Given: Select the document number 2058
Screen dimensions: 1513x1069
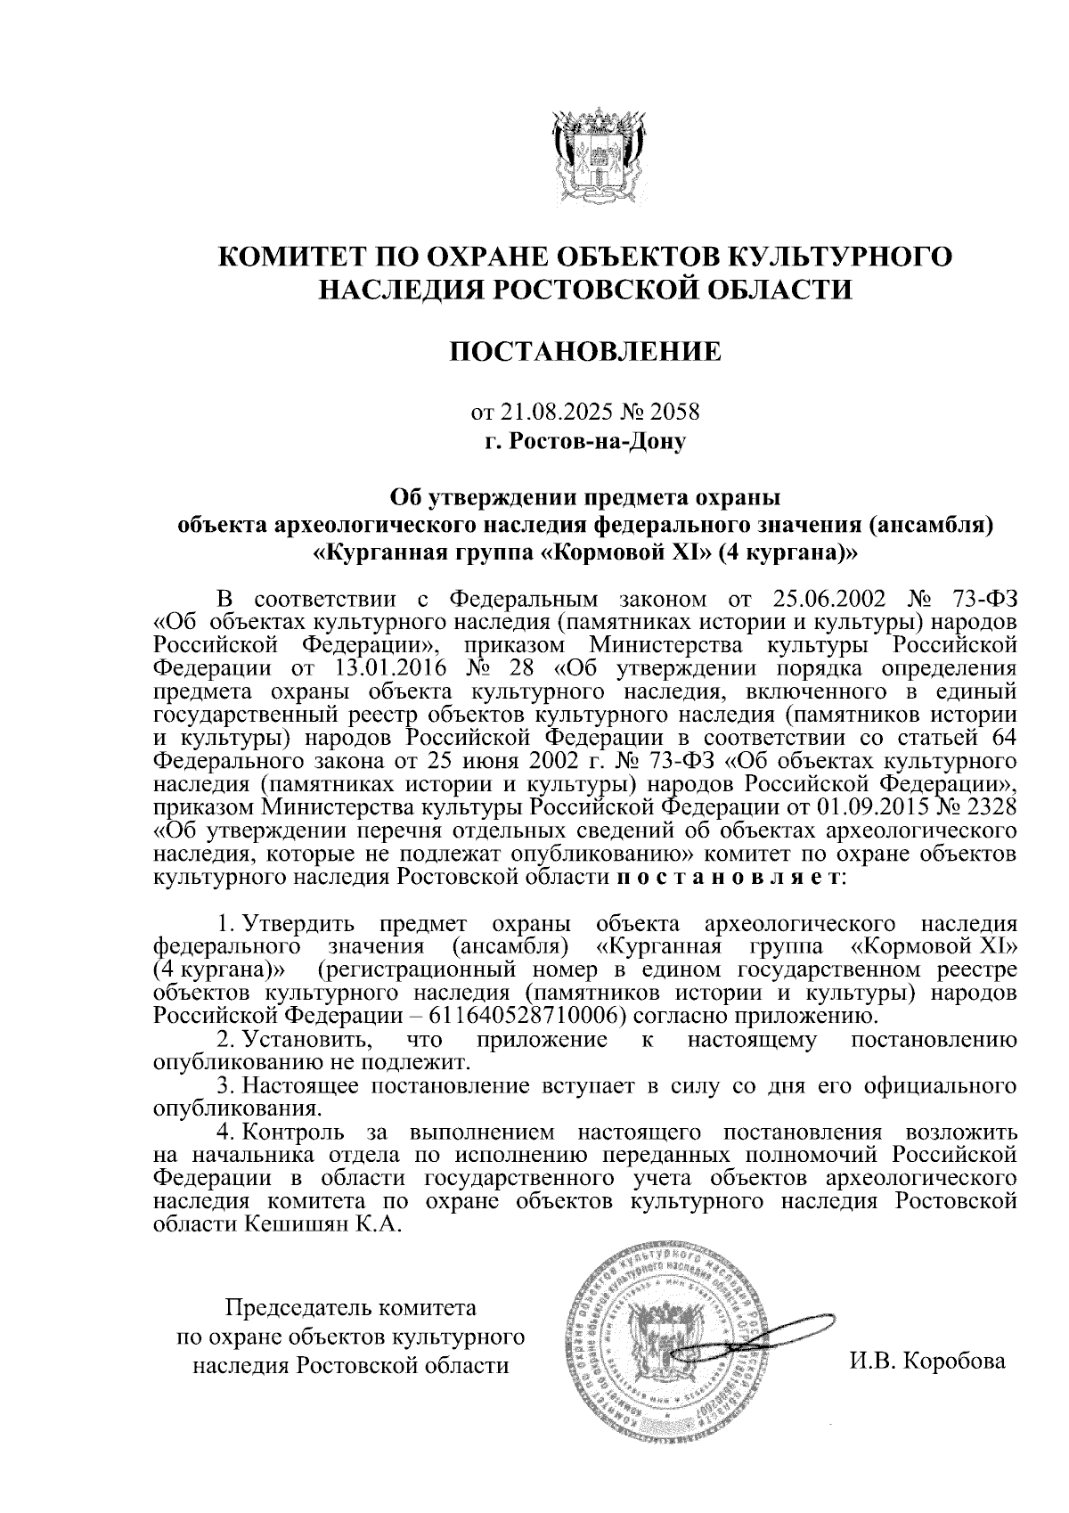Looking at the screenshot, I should [x=674, y=413].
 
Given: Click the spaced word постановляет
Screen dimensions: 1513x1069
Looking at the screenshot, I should [x=726, y=878].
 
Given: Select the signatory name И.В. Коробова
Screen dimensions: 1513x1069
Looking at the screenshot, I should [x=927, y=1362].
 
